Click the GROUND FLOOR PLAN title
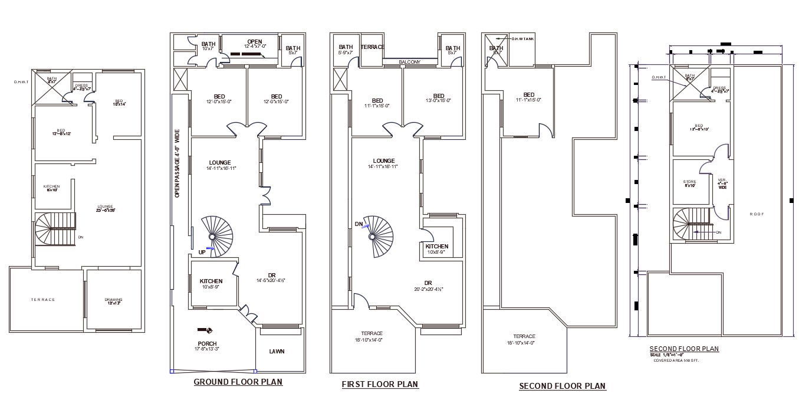tap(238, 382)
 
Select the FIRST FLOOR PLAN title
tap(380, 385)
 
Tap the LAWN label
tap(277, 352)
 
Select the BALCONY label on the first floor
tap(409, 61)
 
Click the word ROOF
tap(757, 214)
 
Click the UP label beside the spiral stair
tap(202, 252)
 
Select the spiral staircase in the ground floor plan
tap(218, 236)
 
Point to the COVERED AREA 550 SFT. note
tap(676, 360)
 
